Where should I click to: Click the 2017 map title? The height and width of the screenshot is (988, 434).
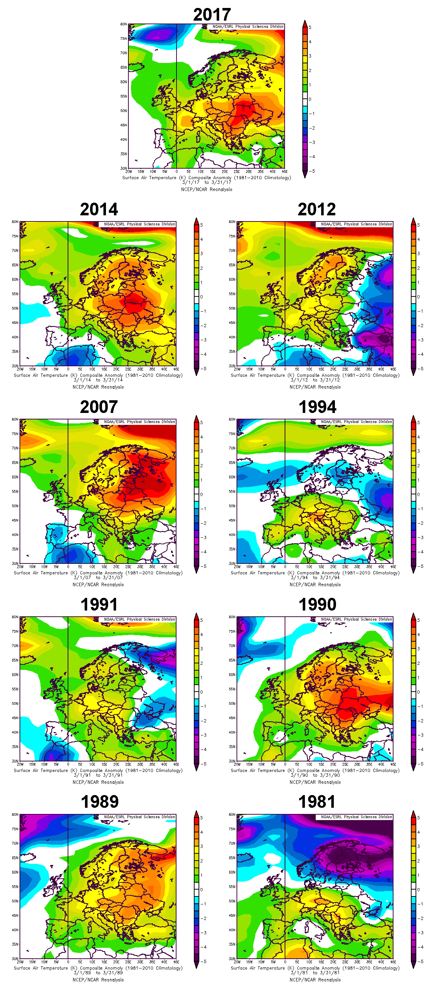click(x=212, y=14)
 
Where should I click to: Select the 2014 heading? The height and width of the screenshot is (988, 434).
click(x=99, y=210)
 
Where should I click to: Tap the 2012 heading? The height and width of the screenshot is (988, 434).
click(x=316, y=210)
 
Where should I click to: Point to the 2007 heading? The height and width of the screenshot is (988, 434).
click(x=99, y=407)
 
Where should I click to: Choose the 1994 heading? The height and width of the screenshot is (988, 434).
click(x=317, y=407)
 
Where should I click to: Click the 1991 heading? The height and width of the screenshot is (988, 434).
click(x=99, y=604)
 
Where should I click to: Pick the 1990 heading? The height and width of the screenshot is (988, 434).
click(x=317, y=604)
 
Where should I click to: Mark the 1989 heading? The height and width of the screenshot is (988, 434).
click(x=100, y=802)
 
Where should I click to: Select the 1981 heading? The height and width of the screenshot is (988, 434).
click(x=316, y=802)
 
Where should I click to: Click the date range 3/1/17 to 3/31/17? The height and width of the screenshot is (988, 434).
click(x=207, y=182)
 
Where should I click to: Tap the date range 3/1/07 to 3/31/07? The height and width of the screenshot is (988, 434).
click(x=98, y=578)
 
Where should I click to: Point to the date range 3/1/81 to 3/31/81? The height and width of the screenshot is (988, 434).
click(x=315, y=973)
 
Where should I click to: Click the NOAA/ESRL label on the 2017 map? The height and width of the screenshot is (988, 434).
click(x=248, y=27)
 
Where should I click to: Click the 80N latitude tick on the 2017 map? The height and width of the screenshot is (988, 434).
click(x=123, y=24)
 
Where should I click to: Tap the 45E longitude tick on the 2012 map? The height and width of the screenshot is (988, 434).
click(x=393, y=369)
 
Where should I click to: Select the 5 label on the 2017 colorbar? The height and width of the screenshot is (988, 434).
click(x=310, y=28)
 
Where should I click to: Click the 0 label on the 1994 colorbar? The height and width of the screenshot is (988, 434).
click(x=418, y=494)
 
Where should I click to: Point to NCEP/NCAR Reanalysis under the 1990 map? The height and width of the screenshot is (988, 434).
click(x=315, y=782)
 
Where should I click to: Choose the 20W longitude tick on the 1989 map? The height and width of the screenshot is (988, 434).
click(x=20, y=962)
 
